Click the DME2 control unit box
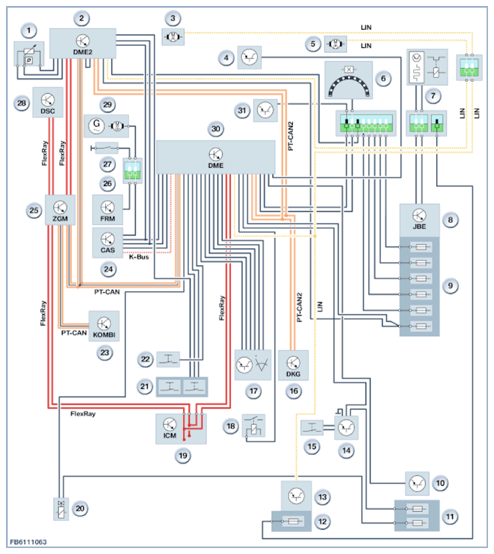click(84, 44)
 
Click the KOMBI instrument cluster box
click(104, 325)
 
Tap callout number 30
click(215, 128)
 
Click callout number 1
click(28, 30)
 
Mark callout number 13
click(322, 496)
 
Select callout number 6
click(382, 78)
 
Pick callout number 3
click(173, 18)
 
